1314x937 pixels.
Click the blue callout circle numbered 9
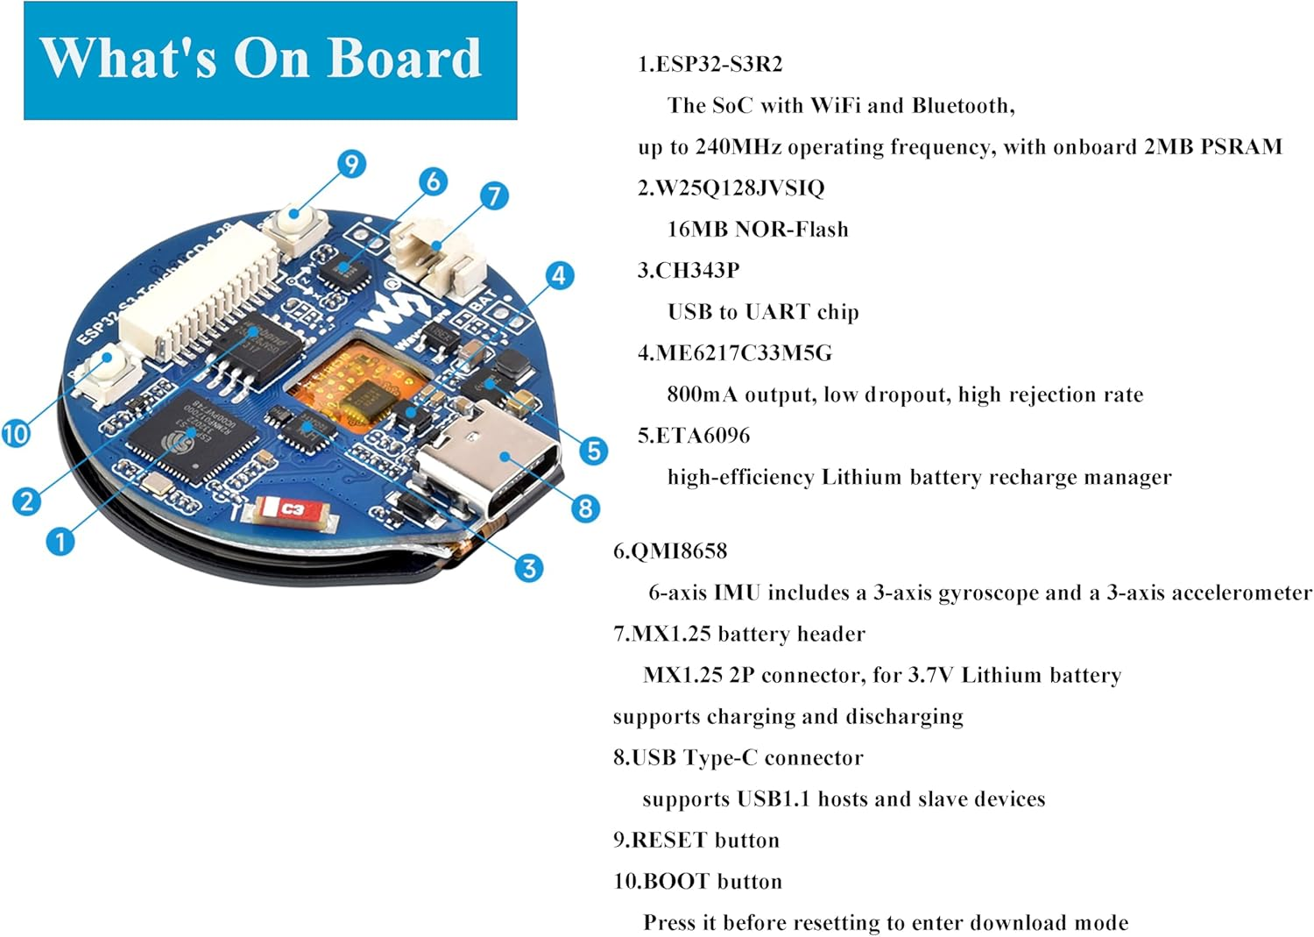pyautogui.click(x=350, y=164)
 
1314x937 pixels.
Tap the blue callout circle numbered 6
pyautogui.click(x=433, y=181)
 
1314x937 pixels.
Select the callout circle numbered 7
pyautogui.click(x=494, y=195)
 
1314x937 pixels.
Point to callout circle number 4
pyautogui.click(x=560, y=275)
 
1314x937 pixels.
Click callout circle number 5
pyautogui.click(x=593, y=451)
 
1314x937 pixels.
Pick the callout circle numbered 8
pyautogui.click(x=585, y=508)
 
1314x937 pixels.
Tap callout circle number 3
pyautogui.click(x=528, y=568)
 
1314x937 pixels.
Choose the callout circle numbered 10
pyautogui.click(x=16, y=433)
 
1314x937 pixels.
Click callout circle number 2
pyautogui.click(x=26, y=500)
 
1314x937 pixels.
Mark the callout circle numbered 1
pyautogui.click(x=60, y=541)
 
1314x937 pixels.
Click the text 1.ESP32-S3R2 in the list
pyautogui.click(x=710, y=64)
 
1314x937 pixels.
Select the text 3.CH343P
pyautogui.click(x=689, y=270)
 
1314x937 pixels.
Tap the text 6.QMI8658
pyautogui.click(x=670, y=551)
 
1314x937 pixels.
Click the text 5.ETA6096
pyautogui.click(x=694, y=436)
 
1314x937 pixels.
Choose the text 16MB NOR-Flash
pyautogui.click(x=758, y=229)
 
